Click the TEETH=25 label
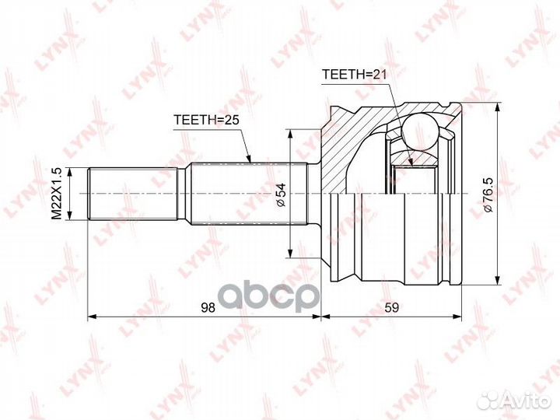pos(206,120)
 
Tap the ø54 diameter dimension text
pos(282,194)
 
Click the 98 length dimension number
pos(208,307)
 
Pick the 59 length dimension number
pos(391,307)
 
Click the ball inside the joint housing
pos(420,131)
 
